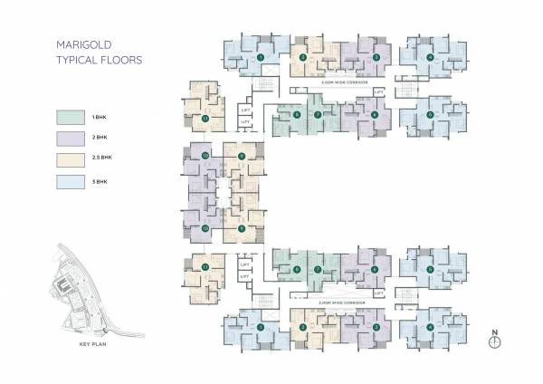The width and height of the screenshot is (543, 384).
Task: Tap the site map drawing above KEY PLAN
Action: tap(90, 290)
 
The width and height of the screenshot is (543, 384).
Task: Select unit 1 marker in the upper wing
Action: tap(261, 57)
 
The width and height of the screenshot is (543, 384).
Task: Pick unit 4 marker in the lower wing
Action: tap(430, 326)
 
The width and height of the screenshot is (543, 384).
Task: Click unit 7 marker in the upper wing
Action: tap(318, 114)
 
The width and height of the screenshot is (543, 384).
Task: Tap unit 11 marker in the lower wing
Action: tap(206, 267)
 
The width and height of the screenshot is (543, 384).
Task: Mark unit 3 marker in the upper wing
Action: tap(376, 57)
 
